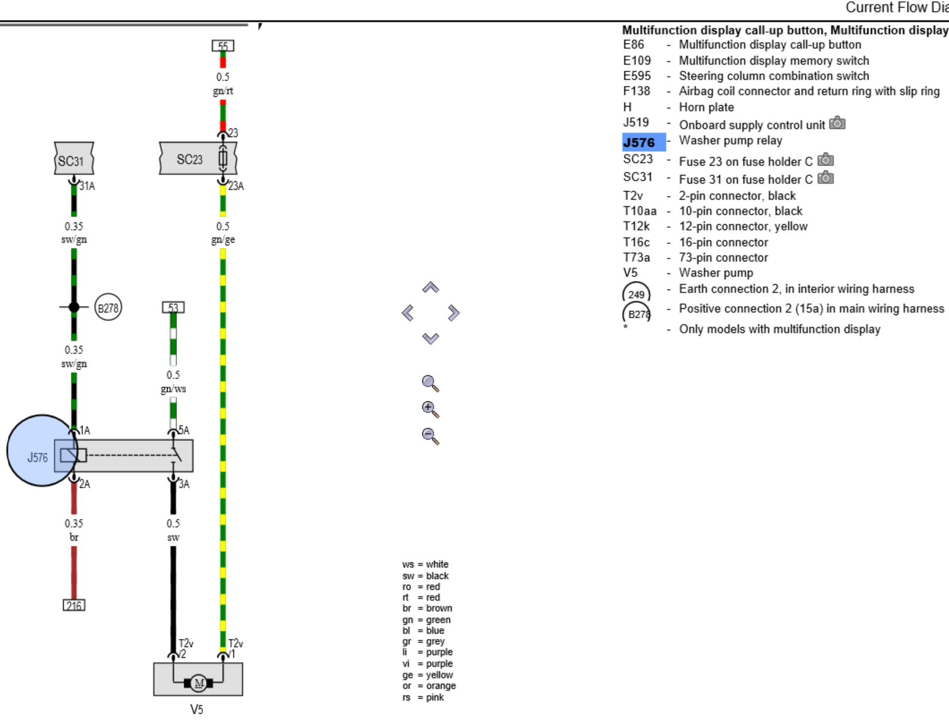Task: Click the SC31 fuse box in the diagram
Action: (x=74, y=159)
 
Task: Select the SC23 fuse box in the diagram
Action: (x=198, y=159)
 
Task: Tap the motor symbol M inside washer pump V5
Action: (x=199, y=683)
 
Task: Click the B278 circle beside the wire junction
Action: (x=108, y=307)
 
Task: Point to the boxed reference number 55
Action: (x=223, y=46)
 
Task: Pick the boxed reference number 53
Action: (x=173, y=307)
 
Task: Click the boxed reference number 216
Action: (x=74, y=605)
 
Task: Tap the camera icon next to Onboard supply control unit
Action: (x=837, y=123)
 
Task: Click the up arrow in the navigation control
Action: (x=431, y=288)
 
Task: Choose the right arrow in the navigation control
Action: (x=453, y=313)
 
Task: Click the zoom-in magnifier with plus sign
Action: (x=430, y=409)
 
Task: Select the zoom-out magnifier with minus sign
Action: (x=430, y=435)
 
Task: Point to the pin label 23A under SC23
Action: (x=236, y=186)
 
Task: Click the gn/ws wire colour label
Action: (x=173, y=389)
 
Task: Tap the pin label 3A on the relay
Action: (x=184, y=484)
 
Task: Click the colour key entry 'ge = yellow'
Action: (x=428, y=675)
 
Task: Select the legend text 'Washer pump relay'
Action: (x=730, y=140)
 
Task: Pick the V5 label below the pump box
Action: (x=196, y=709)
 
